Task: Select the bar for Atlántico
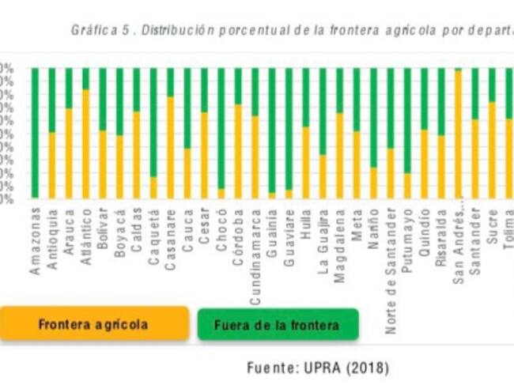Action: tap(85, 133)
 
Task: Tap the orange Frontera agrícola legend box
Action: tap(93, 324)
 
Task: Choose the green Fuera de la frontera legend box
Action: tap(278, 324)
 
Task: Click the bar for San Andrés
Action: tap(458, 133)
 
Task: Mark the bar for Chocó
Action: tap(221, 133)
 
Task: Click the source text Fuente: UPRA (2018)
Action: tap(318, 368)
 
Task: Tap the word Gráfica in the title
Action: tap(88, 31)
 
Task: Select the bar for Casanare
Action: tap(170, 133)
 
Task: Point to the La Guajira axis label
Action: tap(323, 241)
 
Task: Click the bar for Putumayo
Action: tap(407, 133)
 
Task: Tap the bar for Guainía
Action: tap(272, 133)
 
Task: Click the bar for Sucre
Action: tap(492, 133)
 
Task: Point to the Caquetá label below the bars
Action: tap(153, 234)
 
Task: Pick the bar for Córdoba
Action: tap(238, 133)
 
